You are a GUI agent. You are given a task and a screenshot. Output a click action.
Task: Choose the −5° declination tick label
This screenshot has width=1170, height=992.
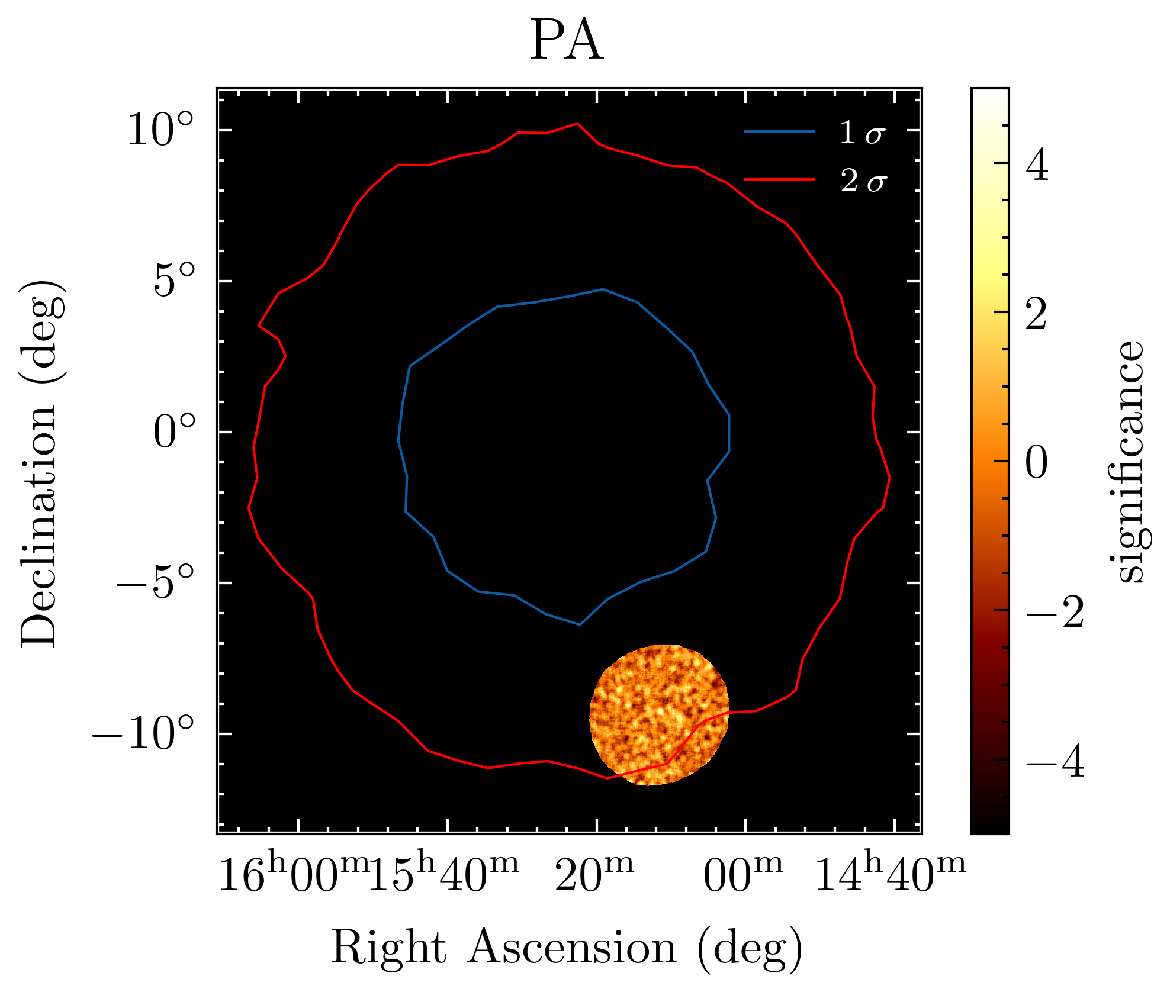[155, 583]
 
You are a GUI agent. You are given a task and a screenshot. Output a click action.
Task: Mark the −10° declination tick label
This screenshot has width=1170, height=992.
[143, 734]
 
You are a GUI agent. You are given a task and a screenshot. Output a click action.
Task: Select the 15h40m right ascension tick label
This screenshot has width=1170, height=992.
[443, 875]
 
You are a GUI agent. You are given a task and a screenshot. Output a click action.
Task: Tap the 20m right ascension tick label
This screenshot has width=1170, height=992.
[594, 875]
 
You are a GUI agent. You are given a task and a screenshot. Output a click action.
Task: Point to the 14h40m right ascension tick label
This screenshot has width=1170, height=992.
[890, 875]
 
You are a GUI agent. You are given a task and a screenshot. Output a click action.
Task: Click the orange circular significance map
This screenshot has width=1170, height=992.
[659, 715]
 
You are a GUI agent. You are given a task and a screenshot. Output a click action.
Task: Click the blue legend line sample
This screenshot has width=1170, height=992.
[779, 131]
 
